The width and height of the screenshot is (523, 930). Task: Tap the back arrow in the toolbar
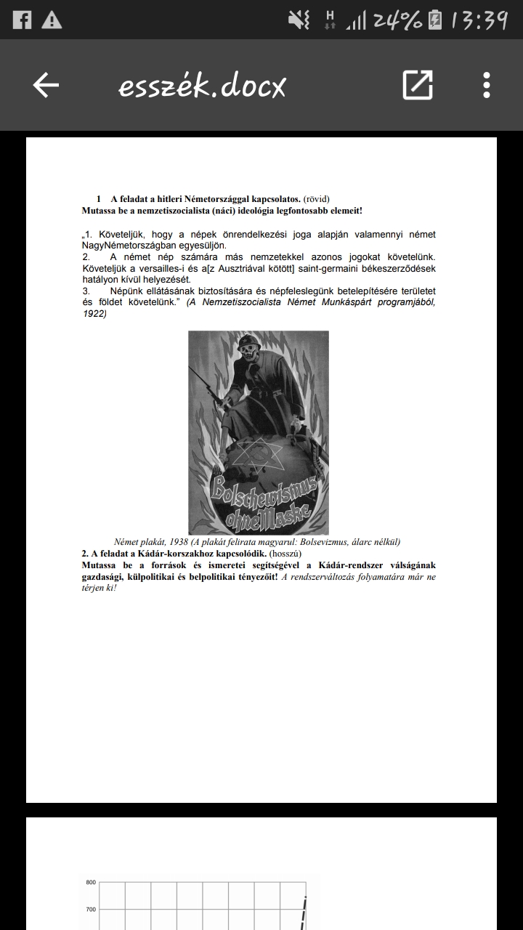pyautogui.click(x=46, y=86)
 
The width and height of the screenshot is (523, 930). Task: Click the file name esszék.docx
pyautogui.click(x=203, y=86)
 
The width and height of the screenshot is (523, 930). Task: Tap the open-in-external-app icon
pyautogui.click(x=418, y=86)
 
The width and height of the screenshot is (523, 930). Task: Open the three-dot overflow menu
pyautogui.click(x=486, y=86)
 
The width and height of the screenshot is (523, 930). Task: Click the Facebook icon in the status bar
pyautogui.click(x=22, y=20)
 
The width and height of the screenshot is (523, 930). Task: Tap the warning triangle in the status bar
pyautogui.click(x=52, y=20)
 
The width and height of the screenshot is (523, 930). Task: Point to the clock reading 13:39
pyautogui.click(x=479, y=20)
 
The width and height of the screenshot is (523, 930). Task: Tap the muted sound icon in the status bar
pyautogui.click(x=299, y=20)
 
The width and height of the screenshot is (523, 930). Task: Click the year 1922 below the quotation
pyautogui.click(x=94, y=314)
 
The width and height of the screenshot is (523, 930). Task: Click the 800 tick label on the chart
pyautogui.click(x=91, y=883)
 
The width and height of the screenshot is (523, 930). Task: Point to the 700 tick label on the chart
pyautogui.click(x=91, y=909)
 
